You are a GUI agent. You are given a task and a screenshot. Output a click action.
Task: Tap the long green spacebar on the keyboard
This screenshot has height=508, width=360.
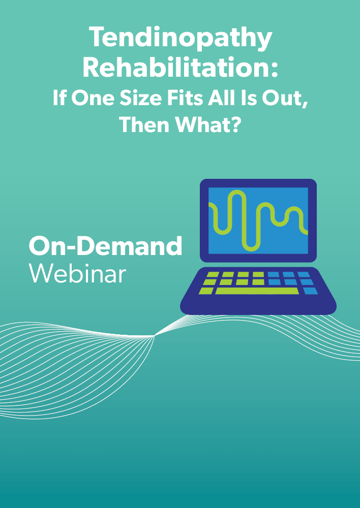tap(257, 291)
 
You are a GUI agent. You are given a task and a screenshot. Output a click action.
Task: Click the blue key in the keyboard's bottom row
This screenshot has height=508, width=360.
tap(311, 291)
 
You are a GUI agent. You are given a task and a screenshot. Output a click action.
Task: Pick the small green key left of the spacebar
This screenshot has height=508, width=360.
tap(206, 291)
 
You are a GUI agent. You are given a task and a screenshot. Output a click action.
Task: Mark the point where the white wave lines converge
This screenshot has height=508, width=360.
tap(155, 336)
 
